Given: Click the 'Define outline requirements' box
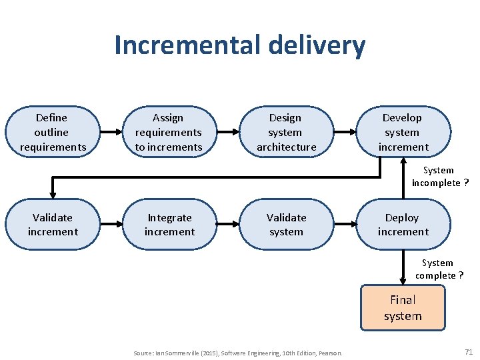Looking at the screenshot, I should (52, 132).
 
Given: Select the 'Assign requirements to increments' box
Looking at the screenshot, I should (169, 132).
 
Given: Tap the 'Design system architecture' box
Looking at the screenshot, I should (286, 132).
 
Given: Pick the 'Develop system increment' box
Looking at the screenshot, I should (403, 132).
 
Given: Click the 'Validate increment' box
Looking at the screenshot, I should (52, 225).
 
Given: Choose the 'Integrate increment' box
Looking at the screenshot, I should (169, 225).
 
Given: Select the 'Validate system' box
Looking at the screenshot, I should (286, 225).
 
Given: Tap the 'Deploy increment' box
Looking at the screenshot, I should (403, 225).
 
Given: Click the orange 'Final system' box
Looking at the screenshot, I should (403, 308).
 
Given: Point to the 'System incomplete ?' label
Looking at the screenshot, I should (439, 177).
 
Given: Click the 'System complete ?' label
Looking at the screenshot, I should (439, 269).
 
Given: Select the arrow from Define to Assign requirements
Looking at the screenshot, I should (111, 132).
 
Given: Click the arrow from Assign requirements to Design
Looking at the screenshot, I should (227, 132).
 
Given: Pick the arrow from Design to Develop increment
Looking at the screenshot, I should (344, 132).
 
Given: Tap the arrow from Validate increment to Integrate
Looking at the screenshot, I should (111, 225).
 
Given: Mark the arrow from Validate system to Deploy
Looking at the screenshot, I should (344, 225).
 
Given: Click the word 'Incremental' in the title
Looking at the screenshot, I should (187, 45).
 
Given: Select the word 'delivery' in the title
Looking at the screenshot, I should (317, 45).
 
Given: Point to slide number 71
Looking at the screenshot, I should (468, 351).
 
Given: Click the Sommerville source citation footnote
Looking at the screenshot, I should (238, 352).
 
